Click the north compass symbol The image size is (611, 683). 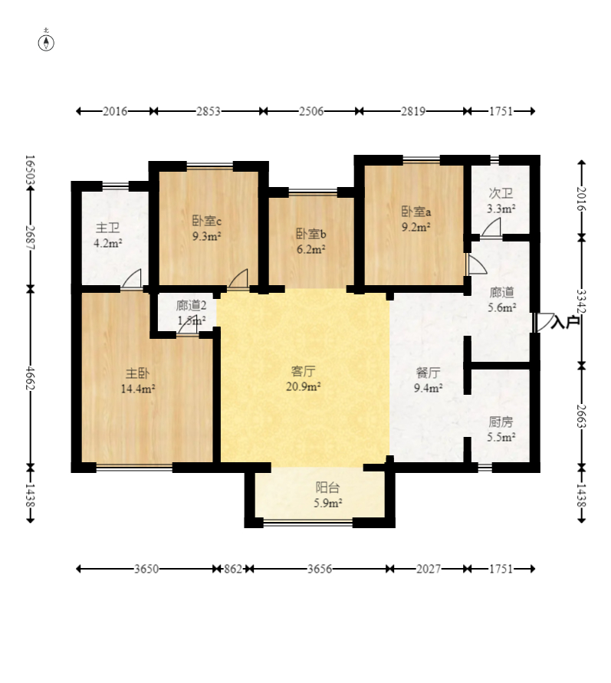point(46,43)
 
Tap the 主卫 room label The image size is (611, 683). point(107,228)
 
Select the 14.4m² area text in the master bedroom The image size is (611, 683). point(138,389)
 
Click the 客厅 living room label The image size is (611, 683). point(303,371)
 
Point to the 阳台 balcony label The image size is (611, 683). point(327,488)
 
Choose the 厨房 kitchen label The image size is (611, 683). point(501,422)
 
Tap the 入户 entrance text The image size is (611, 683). point(565,322)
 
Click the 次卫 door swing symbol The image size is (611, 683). point(491,228)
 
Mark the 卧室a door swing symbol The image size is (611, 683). point(476,264)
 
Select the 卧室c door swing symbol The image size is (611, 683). point(238,279)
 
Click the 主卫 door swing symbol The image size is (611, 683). point(132,279)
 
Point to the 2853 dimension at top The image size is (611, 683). point(209,111)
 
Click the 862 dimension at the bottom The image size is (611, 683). point(233,569)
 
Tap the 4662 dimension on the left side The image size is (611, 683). point(30,378)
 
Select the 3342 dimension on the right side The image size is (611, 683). point(581,301)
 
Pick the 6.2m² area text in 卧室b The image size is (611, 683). point(311,250)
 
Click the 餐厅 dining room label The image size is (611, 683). point(428,373)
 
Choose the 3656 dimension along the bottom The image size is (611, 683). point(320,569)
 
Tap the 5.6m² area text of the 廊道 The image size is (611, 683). point(501,307)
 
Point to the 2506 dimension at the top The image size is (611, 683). point(311,111)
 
